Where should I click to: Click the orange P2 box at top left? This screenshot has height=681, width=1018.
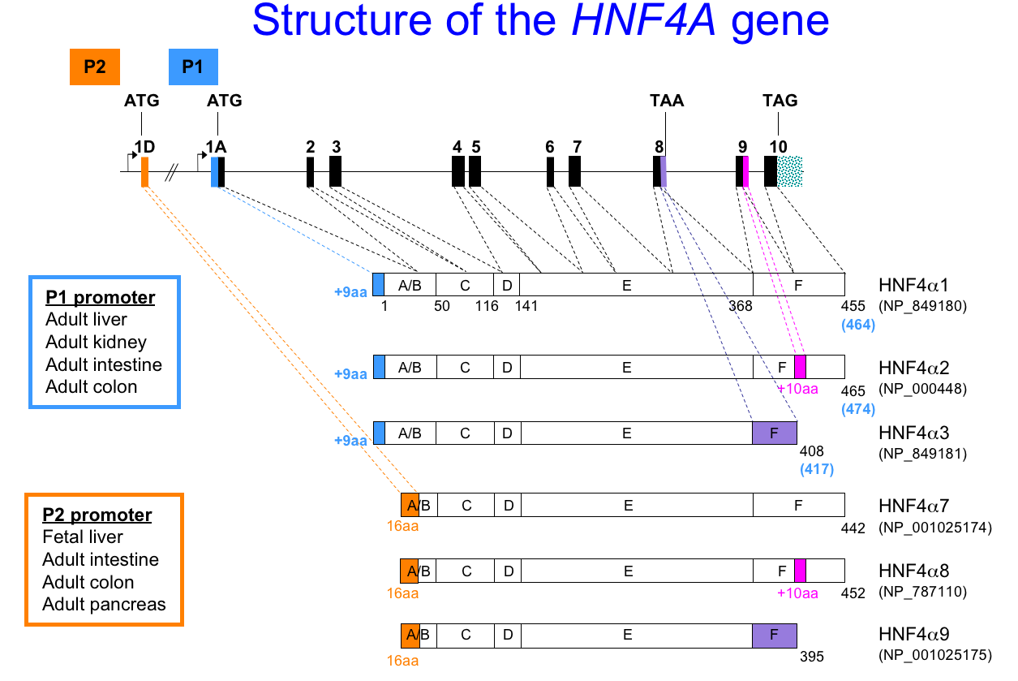95,67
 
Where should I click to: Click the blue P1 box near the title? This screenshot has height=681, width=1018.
192,67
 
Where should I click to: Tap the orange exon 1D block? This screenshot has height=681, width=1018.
144,172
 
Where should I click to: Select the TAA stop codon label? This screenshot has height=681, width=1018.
667,101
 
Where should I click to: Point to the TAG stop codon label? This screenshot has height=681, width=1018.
780,101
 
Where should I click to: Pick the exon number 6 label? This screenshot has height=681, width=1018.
550,147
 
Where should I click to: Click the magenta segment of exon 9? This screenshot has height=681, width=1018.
745,171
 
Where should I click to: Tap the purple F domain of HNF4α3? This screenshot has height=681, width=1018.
775,433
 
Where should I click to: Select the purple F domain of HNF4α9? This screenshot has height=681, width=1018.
774,636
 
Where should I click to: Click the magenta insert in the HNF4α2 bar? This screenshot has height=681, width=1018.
800,367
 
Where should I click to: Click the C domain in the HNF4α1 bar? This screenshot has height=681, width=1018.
464,285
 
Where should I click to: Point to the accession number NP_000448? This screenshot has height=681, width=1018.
922,389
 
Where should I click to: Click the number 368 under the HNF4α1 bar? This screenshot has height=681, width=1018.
740,306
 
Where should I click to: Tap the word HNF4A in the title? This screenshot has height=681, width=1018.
644,23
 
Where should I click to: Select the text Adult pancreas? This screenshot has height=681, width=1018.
104,605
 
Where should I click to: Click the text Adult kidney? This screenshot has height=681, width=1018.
96,343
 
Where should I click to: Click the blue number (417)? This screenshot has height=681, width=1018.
816,468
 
